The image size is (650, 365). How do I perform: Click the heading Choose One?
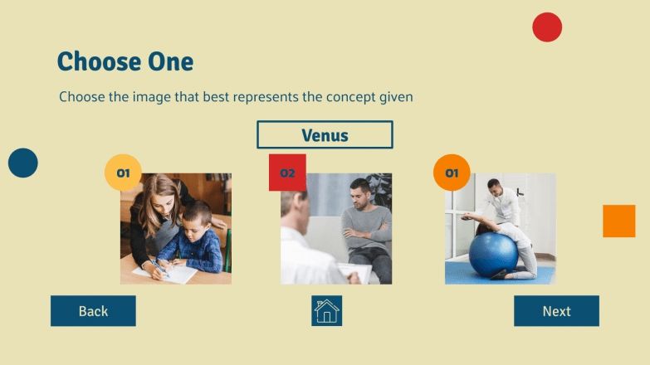point(125,61)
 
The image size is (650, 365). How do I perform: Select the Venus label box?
point(325,134)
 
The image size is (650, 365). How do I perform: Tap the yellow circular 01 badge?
point(123,173)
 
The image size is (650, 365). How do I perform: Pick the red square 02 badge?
point(287,173)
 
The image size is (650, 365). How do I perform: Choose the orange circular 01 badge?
point(452,173)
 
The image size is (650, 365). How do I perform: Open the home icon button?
point(326,311)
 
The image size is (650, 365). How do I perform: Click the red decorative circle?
point(547,27)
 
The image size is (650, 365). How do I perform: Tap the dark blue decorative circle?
point(23,163)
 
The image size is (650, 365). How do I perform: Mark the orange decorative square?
point(618,221)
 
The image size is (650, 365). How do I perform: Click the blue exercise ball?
point(493,253)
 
